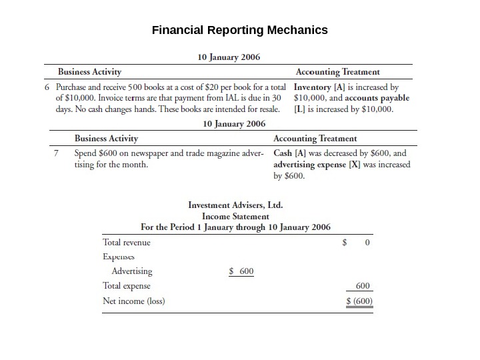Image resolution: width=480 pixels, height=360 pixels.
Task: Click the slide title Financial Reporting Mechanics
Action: point(240,31)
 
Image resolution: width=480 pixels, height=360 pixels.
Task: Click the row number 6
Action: point(47,87)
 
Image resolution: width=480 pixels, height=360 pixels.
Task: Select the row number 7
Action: point(57,153)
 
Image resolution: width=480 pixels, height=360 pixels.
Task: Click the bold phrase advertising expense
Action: point(307,164)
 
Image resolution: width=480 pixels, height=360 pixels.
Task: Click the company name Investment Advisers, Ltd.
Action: point(239,205)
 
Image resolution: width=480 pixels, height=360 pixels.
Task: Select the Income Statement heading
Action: point(235,216)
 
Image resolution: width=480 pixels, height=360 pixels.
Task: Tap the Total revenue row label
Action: point(127,243)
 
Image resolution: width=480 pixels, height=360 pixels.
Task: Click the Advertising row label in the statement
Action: point(132,271)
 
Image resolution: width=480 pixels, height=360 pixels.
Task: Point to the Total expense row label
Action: point(127,285)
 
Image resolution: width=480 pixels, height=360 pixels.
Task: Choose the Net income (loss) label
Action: point(134,301)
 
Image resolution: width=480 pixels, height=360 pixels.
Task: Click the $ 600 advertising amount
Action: point(241,271)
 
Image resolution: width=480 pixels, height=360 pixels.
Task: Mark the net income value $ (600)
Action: point(360,301)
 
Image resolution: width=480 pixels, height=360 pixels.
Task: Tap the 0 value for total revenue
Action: point(367,243)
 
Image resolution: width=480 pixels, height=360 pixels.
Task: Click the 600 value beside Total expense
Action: point(363,285)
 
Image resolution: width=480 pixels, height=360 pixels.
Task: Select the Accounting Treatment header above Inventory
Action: point(337,71)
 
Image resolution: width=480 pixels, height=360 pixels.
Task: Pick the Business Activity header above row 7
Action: point(106,139)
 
